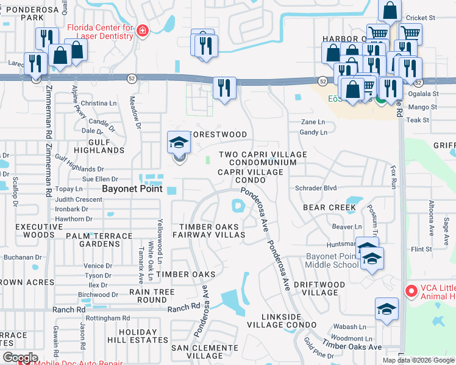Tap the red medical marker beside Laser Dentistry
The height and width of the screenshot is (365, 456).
coord(142,30)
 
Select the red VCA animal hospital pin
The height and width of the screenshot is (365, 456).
coord(411,292)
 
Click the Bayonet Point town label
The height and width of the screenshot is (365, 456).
coord(132,189)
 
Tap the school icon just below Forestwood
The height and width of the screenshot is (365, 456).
coord(179,144)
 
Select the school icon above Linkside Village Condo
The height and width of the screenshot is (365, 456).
coord(387,310)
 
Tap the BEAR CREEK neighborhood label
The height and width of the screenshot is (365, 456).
coord(329,207)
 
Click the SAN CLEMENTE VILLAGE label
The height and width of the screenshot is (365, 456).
coord(196,351)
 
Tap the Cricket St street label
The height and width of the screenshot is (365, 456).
coord(421,18)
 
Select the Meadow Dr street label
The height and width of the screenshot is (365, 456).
coord(138,116)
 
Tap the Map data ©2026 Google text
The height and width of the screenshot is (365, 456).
coord(418,360)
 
